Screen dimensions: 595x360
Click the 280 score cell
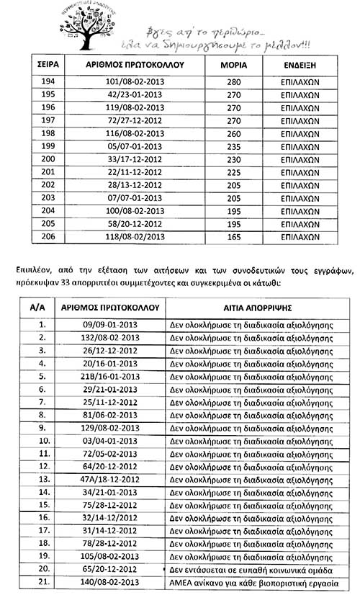click(x=232, y=83)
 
